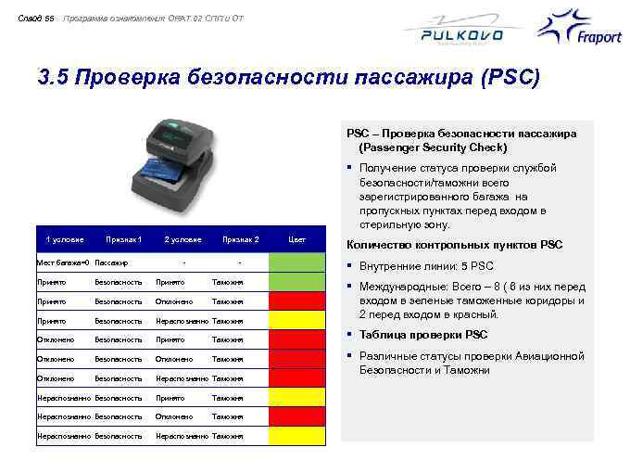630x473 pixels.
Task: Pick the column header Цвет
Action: [297, 239]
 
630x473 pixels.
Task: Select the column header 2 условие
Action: [183, 239]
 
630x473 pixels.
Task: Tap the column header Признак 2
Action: [240, 239]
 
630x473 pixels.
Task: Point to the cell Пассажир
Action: [110, 263]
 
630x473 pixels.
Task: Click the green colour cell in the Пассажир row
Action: [297, 262]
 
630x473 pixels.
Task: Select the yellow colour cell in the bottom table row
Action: [297, 436]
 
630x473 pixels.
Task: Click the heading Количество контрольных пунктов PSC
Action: [453, 246]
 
